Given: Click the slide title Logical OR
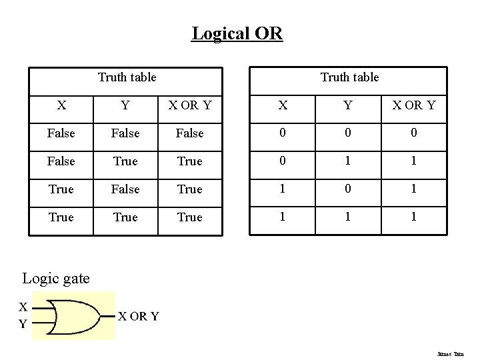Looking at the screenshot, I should [237, 33].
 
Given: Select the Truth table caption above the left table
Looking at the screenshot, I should [127, 77].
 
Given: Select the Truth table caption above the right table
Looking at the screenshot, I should [349, 77].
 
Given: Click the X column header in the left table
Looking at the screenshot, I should [61, 105].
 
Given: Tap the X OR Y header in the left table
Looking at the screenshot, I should [189, 105].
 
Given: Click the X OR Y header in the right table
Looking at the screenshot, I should [413, 105].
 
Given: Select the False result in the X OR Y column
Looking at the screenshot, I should [189, 133].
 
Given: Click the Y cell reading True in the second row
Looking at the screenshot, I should [125, 161].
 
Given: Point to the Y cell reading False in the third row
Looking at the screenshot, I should [125, 189].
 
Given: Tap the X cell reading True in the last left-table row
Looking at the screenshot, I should [61, 217].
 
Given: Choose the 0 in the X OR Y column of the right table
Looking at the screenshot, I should [413, 133].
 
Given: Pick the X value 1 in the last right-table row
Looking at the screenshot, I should [283, 217].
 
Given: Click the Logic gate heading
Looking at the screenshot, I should [56, 278].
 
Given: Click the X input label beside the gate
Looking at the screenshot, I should [23, 307].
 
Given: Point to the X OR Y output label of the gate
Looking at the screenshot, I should [138, 316].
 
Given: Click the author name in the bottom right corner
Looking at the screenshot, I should [451, 354].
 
